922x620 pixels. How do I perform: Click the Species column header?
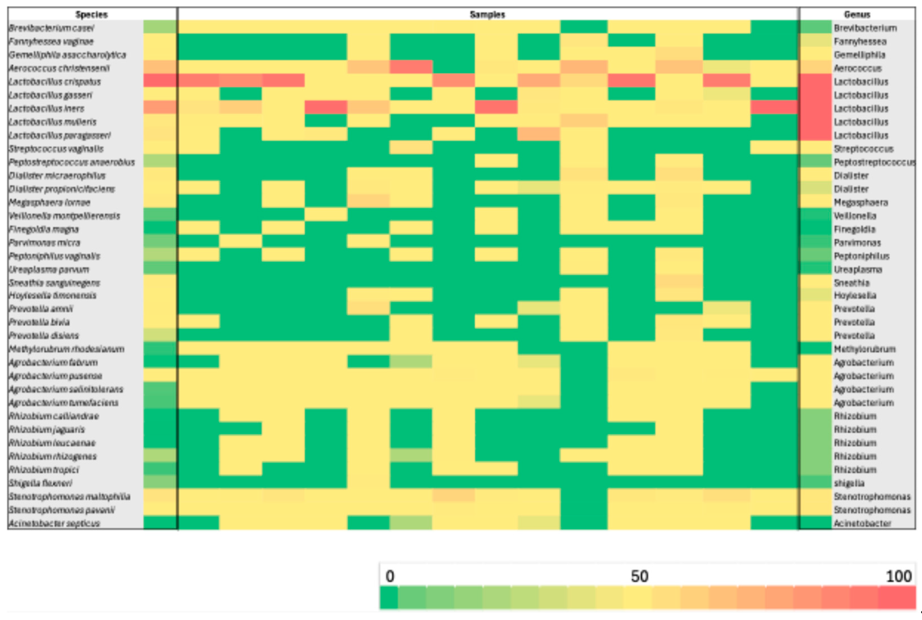pos(91,15)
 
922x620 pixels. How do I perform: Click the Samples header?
pos(487,15)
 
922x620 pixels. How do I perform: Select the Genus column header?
pos(857,15)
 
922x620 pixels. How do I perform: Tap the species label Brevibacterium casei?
pos(51,28)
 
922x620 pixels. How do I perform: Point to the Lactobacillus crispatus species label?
pos(55,82)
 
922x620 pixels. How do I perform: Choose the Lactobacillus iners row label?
pos(47,109)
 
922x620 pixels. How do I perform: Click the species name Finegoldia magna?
pos(44,229)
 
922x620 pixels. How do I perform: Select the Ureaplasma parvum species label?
pos(49,270)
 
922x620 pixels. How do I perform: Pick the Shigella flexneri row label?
pos(41,483)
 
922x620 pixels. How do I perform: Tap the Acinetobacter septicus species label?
pos(54,523)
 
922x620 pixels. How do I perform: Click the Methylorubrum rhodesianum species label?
pos(67,349)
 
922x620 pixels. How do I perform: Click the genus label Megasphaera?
pos(861,203)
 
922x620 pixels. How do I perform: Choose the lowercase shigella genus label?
pos(849,483)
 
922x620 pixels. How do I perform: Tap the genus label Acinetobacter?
pos(862,523)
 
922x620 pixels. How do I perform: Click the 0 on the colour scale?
pos(390,576)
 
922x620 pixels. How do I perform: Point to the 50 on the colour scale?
pos(639,576)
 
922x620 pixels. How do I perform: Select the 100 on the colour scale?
pos(899,576)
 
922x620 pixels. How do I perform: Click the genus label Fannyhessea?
pos(860,42)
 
